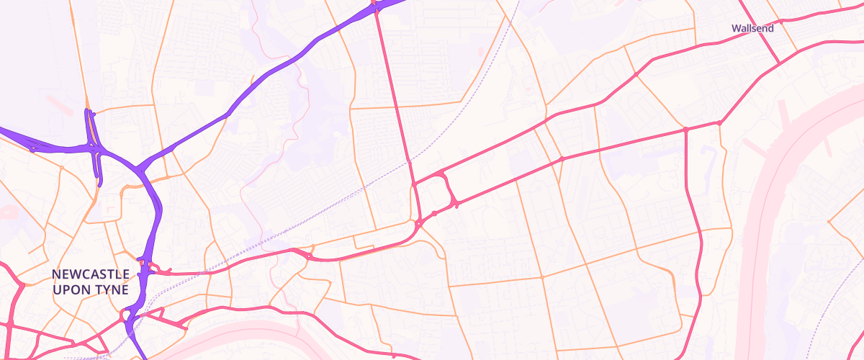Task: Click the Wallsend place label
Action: pyautogui.click(x=752, y=29)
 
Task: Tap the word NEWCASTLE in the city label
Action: pyautogui.click(x=91, y=275)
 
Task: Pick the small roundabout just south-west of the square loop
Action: pyautogui.click(x=418, y=224)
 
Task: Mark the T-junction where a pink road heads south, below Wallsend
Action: pyautogui.click(x=686, y=130)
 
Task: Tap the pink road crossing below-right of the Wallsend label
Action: pyautogui.click(x=779, y=63)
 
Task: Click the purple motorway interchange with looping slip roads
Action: pyautogui.click(x=94, y=148)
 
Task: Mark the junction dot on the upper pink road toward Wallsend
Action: pyautogui.click(x=636, y=74)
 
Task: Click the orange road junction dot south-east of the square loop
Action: pyautogui.click(x=541, y=277)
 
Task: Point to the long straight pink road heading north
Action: pyautogui.click(x=395, y=94)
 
